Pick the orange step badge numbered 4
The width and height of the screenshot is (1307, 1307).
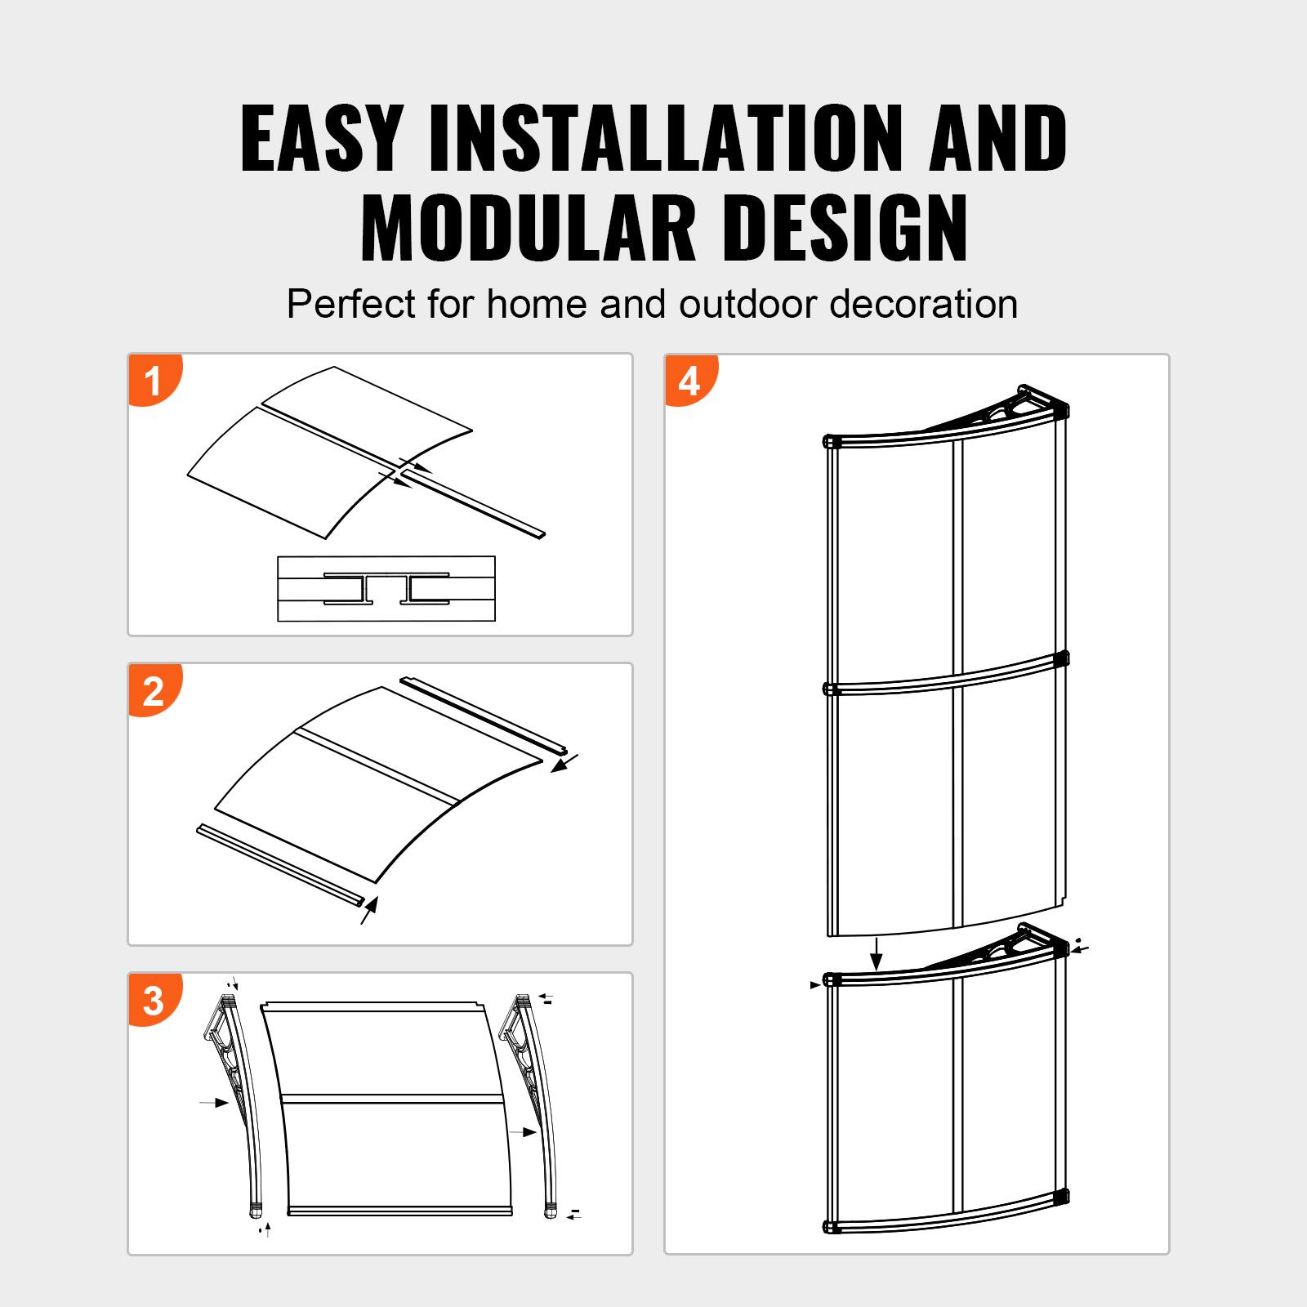[x=689, y=381]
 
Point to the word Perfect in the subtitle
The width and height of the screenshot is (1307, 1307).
[x=351, y=305]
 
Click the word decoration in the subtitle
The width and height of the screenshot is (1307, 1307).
[x=924, y=305]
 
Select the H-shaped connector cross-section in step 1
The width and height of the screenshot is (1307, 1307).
[x=386, y=589]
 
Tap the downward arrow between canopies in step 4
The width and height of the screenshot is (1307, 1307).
[x=877, y=953]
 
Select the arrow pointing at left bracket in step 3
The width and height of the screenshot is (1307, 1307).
[x=215, y=1103]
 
